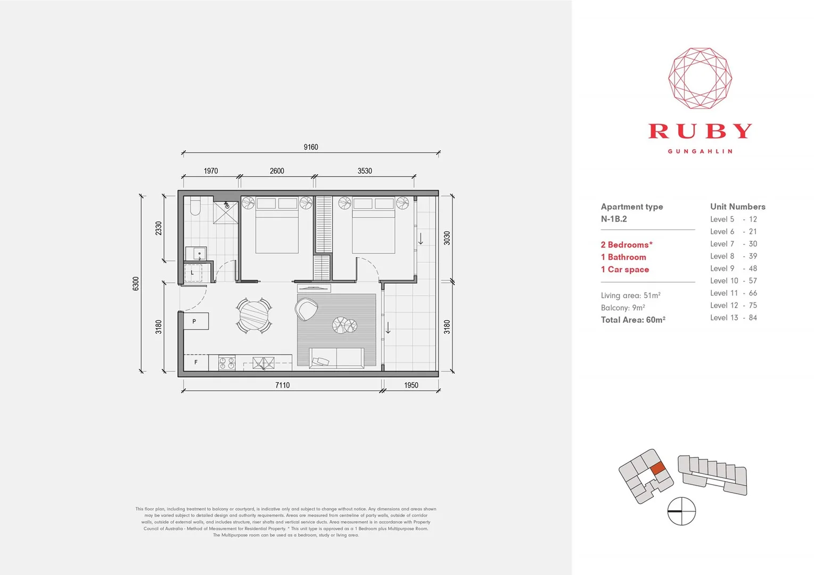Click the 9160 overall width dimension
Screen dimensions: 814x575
(x=311, y=147)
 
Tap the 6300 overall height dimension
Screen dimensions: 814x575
(x=136, y=283)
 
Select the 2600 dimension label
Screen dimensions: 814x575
(x=277, y=171)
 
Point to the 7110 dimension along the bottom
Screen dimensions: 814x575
(x=282, y=385)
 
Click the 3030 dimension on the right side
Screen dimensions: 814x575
(x=447, y=238)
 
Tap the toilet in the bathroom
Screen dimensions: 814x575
(x=195, y=206)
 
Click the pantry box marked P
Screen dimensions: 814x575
(x=195, y=321)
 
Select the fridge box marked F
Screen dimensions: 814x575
(x=196, y=362)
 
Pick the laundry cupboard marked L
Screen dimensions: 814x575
(x=192, y=273)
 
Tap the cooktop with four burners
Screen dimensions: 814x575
(x=227, y=363)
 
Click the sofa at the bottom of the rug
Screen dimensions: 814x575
(x=336, y=358)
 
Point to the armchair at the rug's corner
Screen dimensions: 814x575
(x=307, y=309)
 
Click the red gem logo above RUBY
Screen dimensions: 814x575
(x=700, y=78)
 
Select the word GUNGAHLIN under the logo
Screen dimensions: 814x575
(x=700, y=151)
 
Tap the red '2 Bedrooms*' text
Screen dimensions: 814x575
(x=627, y=245)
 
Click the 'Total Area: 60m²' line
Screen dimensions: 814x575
(x=633, y=320)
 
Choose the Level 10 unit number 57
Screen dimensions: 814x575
(x=753, y=281)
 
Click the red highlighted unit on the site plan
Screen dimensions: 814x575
(x=659, y=468)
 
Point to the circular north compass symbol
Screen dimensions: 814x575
(x=681, y=511)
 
